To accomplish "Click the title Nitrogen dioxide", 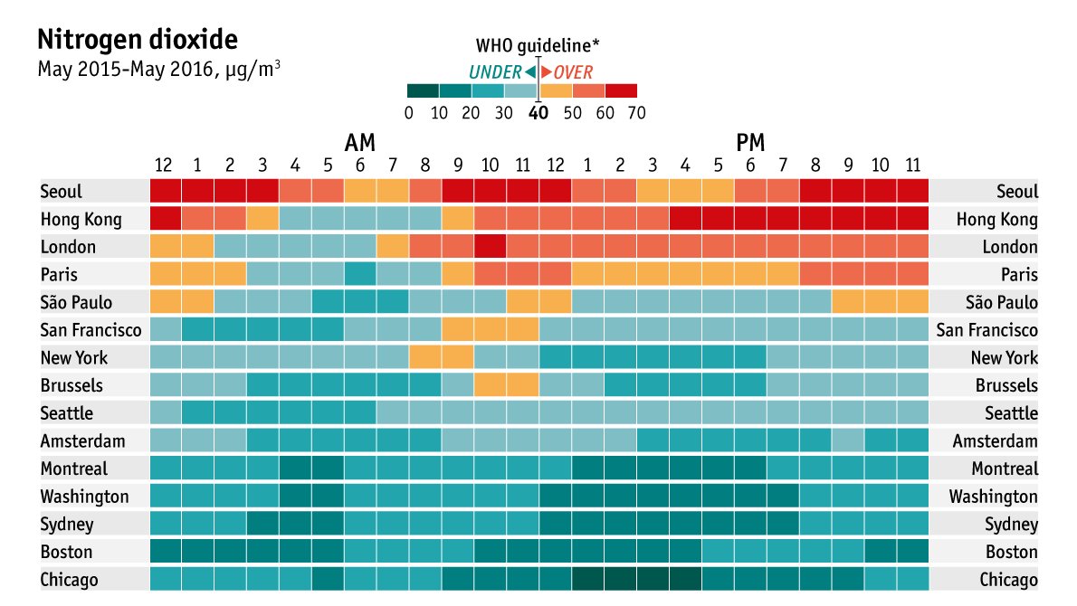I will tap(138, 40).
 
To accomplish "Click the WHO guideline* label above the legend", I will tap(538, 45).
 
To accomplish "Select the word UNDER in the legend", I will tap(494, 73).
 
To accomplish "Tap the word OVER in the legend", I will tap(573, 73).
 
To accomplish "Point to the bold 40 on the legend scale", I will tap(538, 113).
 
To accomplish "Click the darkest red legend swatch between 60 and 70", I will tap(621, 90).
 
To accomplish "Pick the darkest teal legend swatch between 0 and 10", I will tap(423, 90).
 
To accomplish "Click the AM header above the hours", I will tap(360, 143).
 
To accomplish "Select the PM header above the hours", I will tap(750, 143).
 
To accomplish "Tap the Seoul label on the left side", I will tap(62, 192).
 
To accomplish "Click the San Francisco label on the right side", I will tap(986, 330).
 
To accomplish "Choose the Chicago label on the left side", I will tap(70, 580).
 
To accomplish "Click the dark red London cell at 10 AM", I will tap(490, 246).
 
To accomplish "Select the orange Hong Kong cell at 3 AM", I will tap(262, 219).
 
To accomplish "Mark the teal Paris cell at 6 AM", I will tap(360, 274).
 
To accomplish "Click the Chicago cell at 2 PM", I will tap(620, 580).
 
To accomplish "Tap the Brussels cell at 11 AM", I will tap(522, 385).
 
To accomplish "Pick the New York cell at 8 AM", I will tap(425, 357).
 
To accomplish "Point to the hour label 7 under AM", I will tap(392, 166).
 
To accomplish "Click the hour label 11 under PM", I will tap(913, 166).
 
